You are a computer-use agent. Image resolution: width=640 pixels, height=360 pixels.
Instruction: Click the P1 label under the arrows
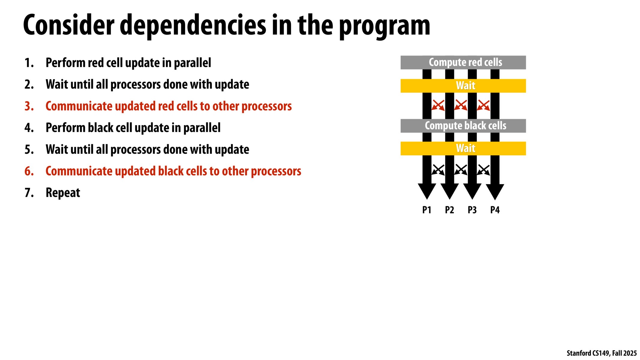coord(426,210)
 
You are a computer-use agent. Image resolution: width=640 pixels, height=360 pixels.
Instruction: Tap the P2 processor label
coord(449,210)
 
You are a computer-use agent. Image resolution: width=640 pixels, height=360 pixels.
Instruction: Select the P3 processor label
coord(472,210)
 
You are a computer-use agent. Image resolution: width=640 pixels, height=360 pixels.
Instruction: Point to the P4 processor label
coord(495,210)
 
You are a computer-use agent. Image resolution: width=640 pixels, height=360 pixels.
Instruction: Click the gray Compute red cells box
coord(463,62)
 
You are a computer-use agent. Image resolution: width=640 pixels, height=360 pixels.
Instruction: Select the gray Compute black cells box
coord(463,126)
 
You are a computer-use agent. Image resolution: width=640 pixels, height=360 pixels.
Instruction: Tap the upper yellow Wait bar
coord(463,86)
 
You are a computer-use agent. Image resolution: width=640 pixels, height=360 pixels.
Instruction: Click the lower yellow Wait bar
coord(463,148)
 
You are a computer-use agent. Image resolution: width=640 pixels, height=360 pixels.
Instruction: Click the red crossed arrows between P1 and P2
coord(438,105)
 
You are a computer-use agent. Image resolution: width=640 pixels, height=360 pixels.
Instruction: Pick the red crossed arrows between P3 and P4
coord(483,105)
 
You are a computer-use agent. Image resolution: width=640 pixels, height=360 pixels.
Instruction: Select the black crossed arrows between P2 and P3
coord(461,170)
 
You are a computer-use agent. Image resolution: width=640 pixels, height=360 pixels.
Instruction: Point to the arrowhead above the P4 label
coord(495,191)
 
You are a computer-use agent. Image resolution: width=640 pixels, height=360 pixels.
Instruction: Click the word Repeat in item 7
coord(63,193)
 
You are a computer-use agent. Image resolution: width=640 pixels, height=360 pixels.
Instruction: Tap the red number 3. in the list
coord(29,106)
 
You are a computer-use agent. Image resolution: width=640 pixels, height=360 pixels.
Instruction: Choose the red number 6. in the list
coord(29,171)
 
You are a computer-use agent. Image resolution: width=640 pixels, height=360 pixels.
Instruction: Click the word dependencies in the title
coord(193,25)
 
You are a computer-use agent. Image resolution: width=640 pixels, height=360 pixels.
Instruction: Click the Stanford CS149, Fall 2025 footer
coord(601,353)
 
